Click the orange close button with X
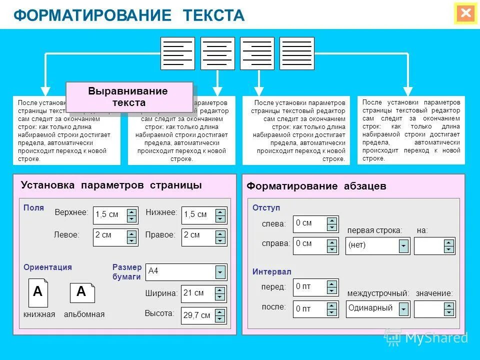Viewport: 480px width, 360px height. coord(465,13)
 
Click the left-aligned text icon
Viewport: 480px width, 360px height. coord(177,53)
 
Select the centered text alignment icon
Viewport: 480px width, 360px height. coord(217,53)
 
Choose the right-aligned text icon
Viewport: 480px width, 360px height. coord(257,53)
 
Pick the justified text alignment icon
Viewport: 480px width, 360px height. coord(296,53)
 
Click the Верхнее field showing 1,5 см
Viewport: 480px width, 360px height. coord(109,215)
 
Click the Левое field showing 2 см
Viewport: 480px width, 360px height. coord(109,236)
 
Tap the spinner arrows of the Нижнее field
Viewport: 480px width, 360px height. coord(220,215)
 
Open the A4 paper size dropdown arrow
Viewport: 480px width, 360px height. coord(220,272)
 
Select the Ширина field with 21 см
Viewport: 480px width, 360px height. coord(197,293)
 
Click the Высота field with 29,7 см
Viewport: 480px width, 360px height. coord(197,315)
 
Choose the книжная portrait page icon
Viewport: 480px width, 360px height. coord(38,292)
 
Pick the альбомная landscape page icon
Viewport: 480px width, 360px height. coord(82,292)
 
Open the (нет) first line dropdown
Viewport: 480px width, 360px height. coord(403,245)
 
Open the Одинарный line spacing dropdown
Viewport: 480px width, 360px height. coord(403,309)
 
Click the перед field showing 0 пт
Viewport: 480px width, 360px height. coord(309,287)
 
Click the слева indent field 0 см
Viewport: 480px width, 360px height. coord(309,223)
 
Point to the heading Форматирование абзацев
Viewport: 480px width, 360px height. coord(316,186)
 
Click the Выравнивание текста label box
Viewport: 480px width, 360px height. coord(129,97)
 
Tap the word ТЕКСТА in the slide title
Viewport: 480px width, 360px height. coord(213,15)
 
